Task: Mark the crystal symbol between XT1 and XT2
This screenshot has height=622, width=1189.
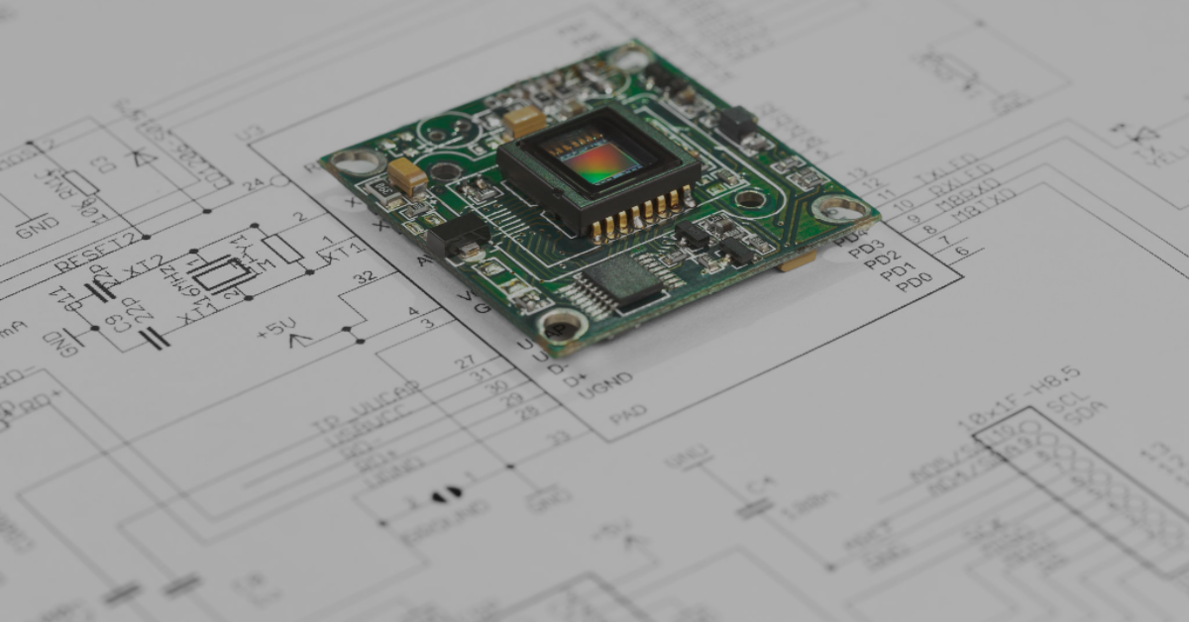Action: point(224,272)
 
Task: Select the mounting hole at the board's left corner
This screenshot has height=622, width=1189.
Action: point(356,162)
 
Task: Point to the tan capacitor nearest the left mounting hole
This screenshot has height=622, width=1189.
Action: point(407,176)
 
